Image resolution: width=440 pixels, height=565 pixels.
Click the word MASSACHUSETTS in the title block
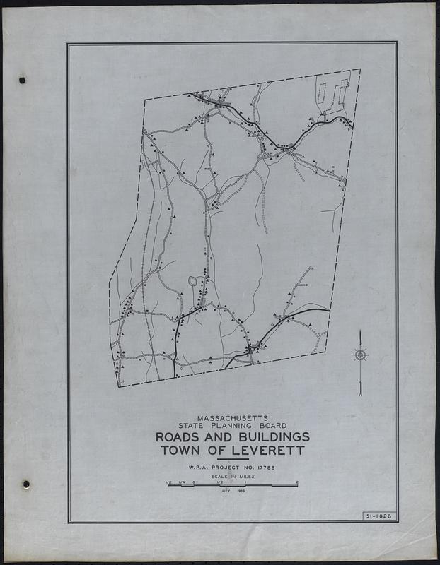click(x=233, y=417)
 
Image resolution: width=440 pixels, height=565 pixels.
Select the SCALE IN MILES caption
click(x=232, y=478)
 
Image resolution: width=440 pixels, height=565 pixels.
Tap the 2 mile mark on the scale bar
click(x=298, y=482)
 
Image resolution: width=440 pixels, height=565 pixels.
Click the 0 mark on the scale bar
click(x=193, y=482)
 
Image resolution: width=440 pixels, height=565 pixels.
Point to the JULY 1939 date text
click(x=232, y=491)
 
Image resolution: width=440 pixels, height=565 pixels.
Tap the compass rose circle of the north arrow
click(x=360, y=355)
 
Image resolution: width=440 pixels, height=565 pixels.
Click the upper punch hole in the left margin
click(x=21, y=80)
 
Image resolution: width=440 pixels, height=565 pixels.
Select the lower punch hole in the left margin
click(x=25, y=484)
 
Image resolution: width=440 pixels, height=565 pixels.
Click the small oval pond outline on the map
click(x=192, y=282)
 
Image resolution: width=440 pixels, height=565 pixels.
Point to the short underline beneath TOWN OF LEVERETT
click(x=233, y=459)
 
